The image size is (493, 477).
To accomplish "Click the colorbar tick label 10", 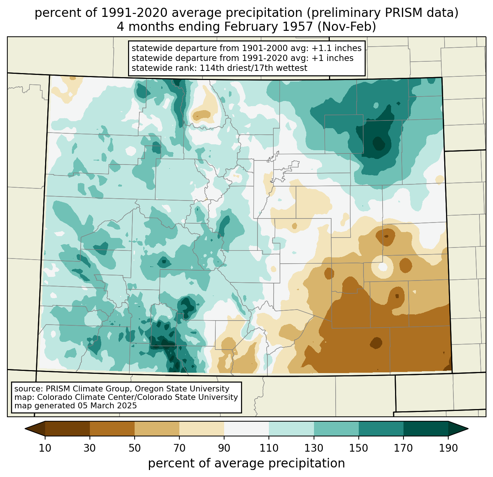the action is tap(45, 448).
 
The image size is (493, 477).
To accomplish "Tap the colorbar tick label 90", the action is tap(224, 448).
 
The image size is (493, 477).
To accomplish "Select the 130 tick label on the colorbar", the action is tap(314, 448).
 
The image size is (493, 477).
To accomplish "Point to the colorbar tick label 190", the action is tap(448, 448).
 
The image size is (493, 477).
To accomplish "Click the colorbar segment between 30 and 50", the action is tap(112, 429).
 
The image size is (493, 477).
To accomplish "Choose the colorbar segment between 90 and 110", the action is tap(246, 429).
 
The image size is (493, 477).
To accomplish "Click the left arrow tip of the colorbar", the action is tap(25, 429).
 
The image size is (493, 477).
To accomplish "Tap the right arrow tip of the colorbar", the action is tap(468, 429).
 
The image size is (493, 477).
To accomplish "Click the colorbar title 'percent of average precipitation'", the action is tap(246, 463).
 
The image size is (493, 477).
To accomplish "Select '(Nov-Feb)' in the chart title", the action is tap(347, 27).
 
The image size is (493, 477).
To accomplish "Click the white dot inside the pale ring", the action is tap(383, 267).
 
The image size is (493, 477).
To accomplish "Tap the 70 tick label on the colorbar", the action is tap(179, 448).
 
